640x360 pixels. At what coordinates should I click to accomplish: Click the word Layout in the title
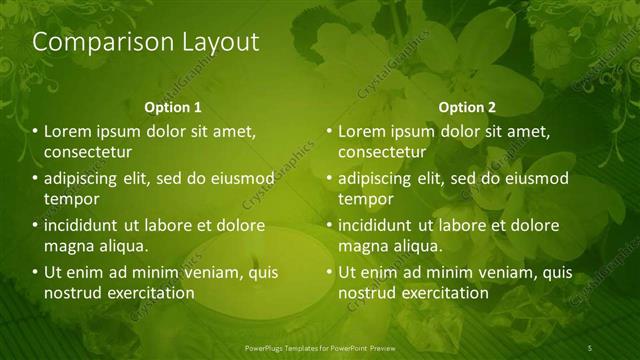coord(219,42)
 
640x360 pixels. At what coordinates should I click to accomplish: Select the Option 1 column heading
coord(173,107)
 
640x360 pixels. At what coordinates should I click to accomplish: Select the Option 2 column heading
coord(467,107)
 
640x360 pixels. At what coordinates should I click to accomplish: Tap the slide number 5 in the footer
coord(590,347)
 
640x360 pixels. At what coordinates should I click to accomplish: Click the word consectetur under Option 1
coord(88,152)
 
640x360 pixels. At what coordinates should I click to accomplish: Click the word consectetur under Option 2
coord(382,152)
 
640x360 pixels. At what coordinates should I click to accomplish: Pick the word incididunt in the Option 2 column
coord(376,225)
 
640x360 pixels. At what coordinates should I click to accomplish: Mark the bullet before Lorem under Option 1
coord(35,131)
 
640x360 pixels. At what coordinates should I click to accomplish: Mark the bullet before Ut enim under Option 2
coord(329,272)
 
